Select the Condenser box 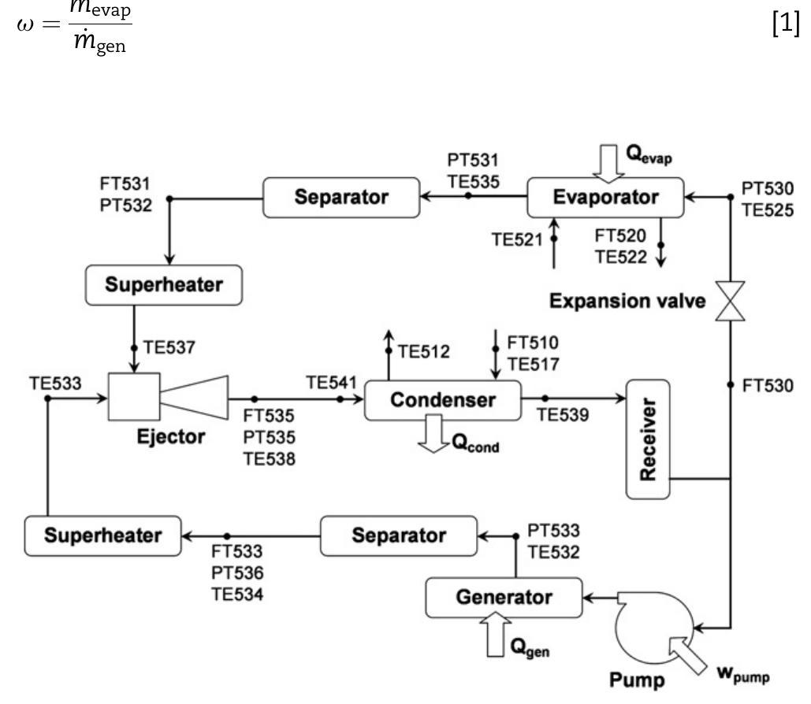443,399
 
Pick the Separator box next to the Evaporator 340,197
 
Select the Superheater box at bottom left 102,535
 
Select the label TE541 326,383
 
